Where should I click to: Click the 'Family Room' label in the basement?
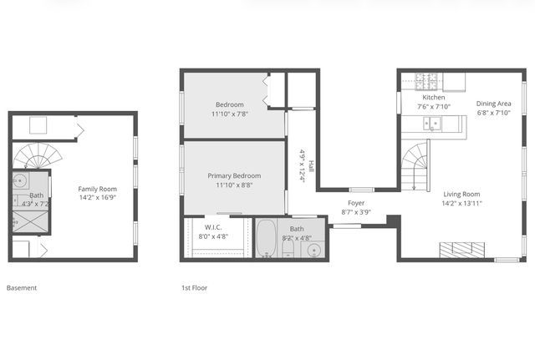click(x=97, y=189)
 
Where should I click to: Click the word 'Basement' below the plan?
click(x=22, y=288)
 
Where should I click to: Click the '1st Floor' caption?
click(x=195, y=288)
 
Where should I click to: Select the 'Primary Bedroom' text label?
click(x=234, y=175)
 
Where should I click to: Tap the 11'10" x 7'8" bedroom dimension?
click(x=234, y=114)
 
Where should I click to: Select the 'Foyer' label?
click(x=357, y=203)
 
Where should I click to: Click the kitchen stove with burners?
click(x=426, y=82)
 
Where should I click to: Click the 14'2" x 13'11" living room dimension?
click(x=462, y=203)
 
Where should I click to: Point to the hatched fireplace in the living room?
click(x=462, y=249)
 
